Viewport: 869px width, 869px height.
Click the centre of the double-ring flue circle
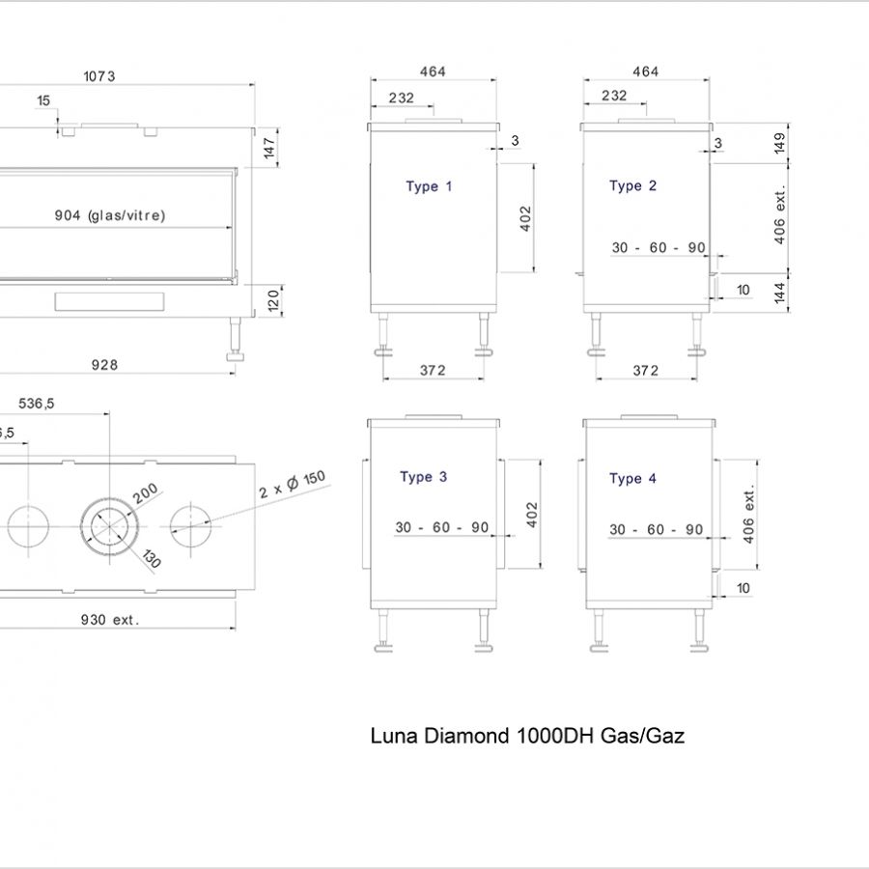(x=110, y=526)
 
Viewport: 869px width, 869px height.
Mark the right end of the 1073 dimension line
(x=255, y=85)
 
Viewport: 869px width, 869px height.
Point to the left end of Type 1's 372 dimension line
(x=383, y=379)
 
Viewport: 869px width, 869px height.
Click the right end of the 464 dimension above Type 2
(x=710, y=80)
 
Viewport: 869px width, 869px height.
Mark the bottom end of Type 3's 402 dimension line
(x=541, y=569)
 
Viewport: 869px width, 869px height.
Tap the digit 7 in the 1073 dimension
(x=103, y=76)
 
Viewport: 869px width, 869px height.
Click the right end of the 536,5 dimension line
(x=109, y=413)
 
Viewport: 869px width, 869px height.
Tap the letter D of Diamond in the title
(x=429, y=736)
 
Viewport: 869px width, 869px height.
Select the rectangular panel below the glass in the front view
(x=109, y=301)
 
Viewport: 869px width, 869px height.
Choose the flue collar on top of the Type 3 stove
(x=433, y=417)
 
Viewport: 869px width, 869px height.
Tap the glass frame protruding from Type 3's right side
(x=501, y=514)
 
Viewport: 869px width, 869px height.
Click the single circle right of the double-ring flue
(x=190, y=526)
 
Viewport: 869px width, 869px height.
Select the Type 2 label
(x=632, y=185)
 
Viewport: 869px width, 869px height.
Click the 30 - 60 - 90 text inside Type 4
(x=657, y=530)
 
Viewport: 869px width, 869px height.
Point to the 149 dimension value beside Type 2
(x=780, y=143)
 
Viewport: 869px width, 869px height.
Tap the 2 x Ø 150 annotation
(x=292, y=485)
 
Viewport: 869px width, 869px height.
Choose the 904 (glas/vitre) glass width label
(x=110, y=215)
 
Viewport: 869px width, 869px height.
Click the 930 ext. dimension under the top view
(x=110, y=620)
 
